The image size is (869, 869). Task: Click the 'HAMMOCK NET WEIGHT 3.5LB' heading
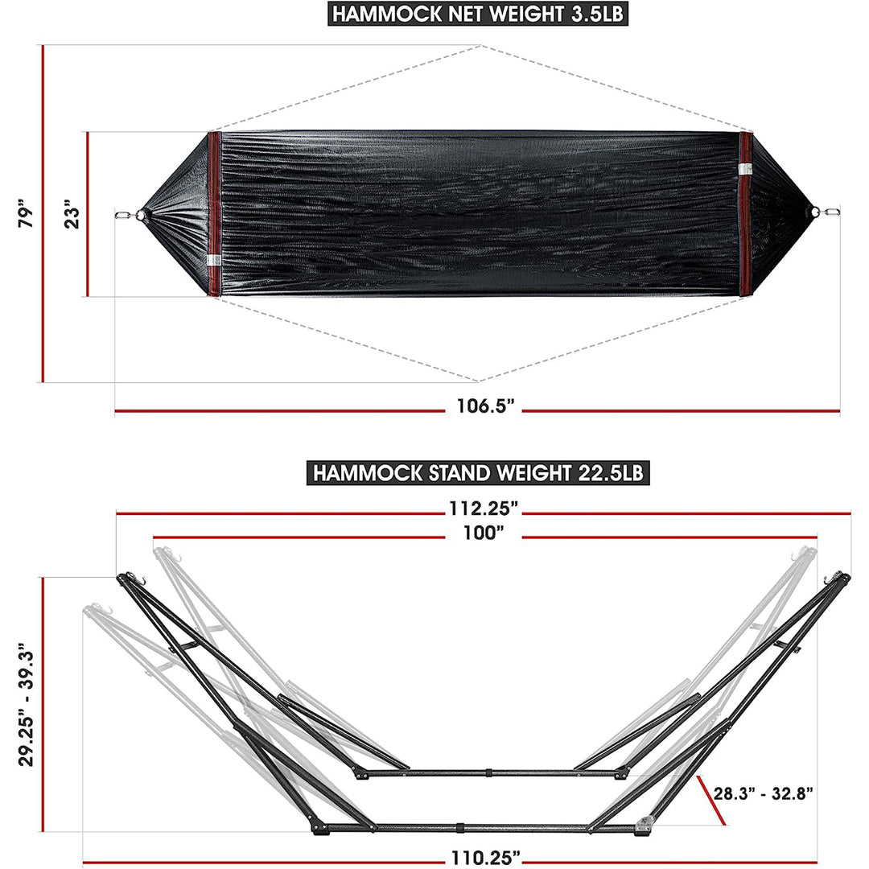click(479, 14)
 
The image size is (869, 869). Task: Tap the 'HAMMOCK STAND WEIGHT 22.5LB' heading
click(479, 472)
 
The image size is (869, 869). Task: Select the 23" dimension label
click(74, 214)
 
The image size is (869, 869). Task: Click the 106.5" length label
click(485, 407)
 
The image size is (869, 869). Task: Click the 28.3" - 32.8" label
click(764, 794)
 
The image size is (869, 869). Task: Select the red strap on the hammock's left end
click(214, 214)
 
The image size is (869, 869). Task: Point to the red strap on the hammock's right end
click(746, 214)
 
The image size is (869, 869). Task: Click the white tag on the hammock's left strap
click(212, 260)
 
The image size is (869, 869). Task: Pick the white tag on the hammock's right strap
click(745, 169)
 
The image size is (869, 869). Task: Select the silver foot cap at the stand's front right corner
click(644, 824)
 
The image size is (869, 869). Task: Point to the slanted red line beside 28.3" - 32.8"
click(713, 800)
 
